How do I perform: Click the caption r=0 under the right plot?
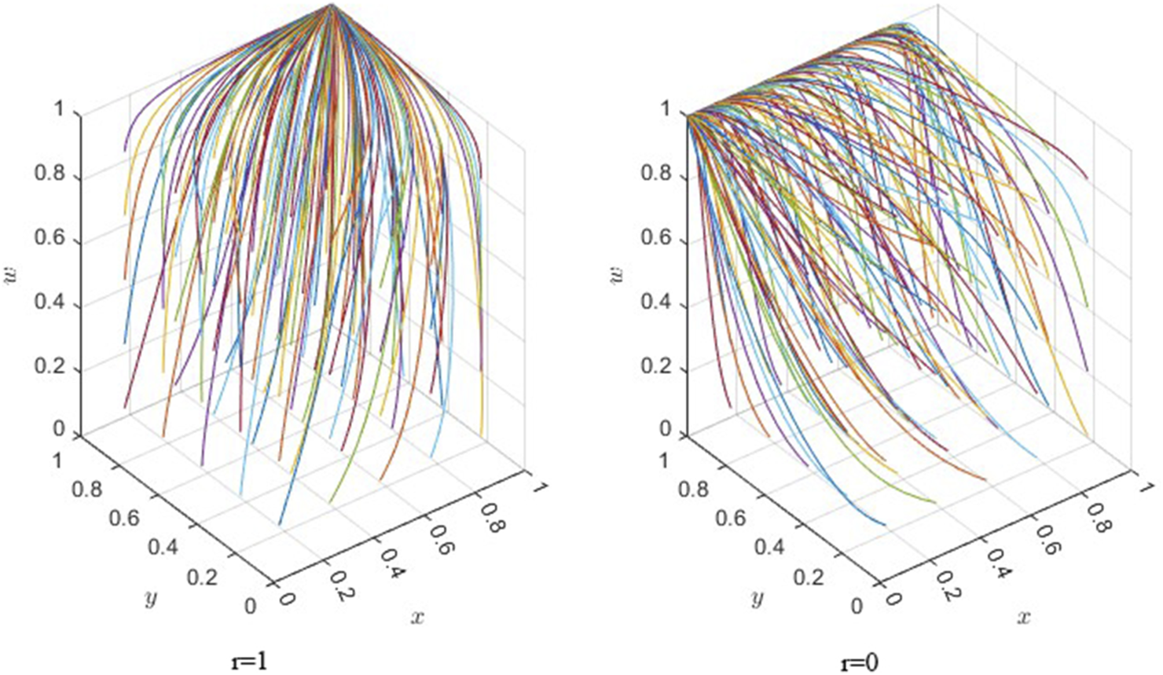click(x=858, y=662)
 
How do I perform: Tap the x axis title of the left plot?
click(x=417, y=617)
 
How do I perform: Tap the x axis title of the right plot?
click(x=1024, y=617)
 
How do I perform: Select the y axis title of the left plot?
click(x=150, y=599)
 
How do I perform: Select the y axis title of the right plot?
click(x=757, y=599)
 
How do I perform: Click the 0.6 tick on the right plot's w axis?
click(x=656, y=239)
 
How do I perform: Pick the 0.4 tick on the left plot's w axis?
click(x=50, y=303)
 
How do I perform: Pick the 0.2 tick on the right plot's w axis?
click(x=656, y=368)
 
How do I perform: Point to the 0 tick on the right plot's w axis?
click(x=666, y=429)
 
